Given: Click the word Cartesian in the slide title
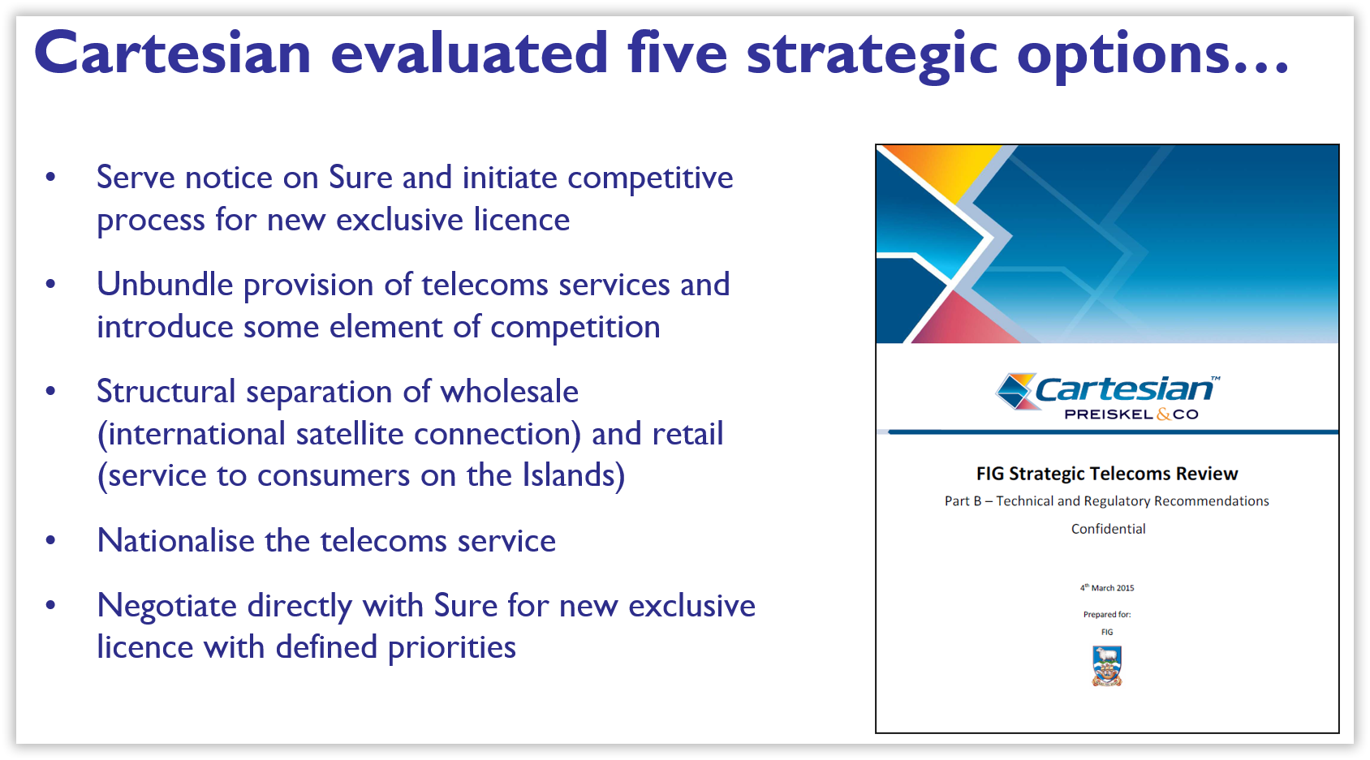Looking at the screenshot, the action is [x=173, y=53].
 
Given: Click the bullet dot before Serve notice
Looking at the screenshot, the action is [x=50, y=178].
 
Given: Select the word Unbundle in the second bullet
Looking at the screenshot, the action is [x=165, y=285].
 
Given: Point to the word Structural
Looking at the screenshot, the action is [x=166, y=391].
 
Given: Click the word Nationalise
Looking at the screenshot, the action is [x=175, y=540].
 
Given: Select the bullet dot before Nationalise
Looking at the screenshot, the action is [x=50, y=540].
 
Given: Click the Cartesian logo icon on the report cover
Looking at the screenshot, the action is [x=1015, y=391].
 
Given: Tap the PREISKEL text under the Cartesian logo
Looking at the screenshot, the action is [x=1108, y=414].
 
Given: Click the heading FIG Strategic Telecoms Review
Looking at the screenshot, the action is [x=1107, y=473].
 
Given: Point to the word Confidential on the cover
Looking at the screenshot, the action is [x=1108, y=529].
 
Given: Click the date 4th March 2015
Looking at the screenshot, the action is [x=1107, y=587].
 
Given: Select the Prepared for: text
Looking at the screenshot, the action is [x=1107, y=615].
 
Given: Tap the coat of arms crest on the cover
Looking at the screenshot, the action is [x=1107, y=667].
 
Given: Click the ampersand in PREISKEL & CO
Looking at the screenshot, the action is [x=1163, y=414].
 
